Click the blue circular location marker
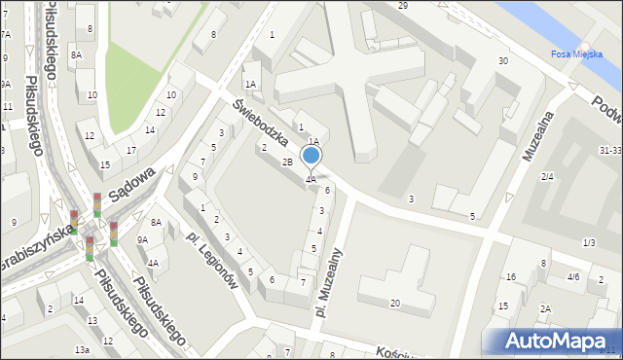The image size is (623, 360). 311,156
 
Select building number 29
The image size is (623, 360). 403,6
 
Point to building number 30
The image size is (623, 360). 502,61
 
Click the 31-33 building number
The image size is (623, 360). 610,151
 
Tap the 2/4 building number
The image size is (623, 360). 547,176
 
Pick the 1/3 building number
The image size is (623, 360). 588,242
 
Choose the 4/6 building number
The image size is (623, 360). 573,277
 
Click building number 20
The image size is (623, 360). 394,304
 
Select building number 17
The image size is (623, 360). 131,150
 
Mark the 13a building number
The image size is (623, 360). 83,349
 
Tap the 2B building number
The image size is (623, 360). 287,162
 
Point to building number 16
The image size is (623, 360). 511,277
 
